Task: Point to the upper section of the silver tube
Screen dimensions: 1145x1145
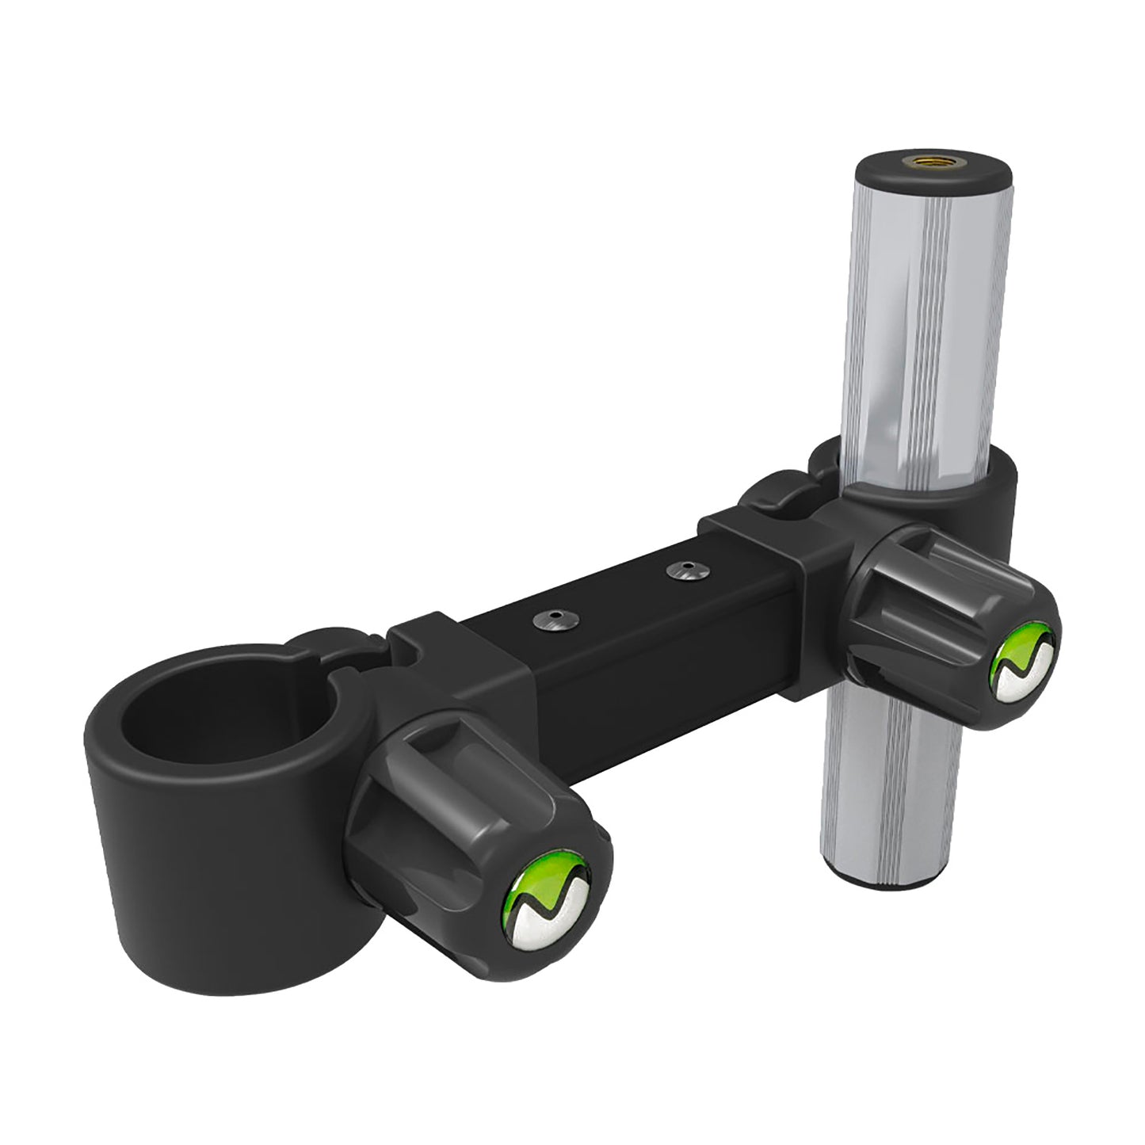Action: point(919,317)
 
